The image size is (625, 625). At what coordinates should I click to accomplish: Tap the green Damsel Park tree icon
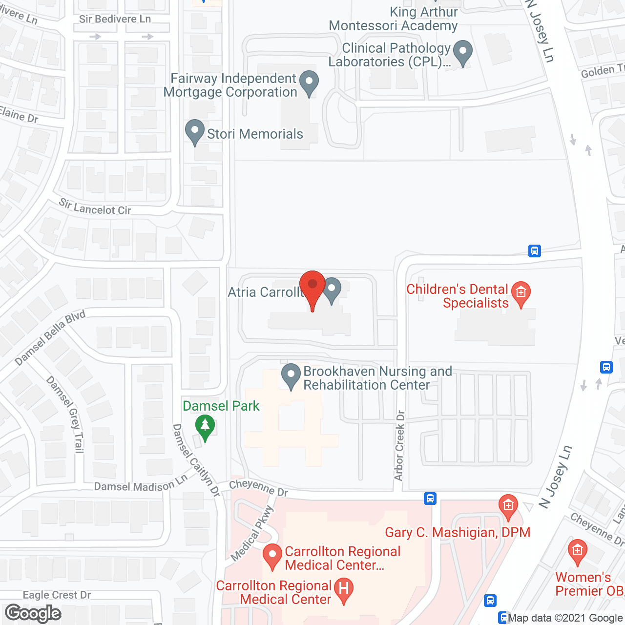click(x=205, y=427)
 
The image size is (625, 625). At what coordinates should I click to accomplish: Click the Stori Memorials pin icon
click(x=195, y=132)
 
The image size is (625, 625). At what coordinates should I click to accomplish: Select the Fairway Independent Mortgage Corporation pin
click(x=309, y=83)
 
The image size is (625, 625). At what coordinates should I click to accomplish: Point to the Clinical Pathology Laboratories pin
click(x=462, y=52)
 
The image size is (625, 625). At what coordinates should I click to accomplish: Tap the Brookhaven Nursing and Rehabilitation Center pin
click(x=291, y=376)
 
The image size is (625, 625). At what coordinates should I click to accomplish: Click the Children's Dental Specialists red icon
click(x=521, y=293)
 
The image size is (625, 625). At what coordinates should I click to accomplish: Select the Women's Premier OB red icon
click(x=577, y=551)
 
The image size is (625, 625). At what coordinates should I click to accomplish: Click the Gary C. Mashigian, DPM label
click(x=458, y=532)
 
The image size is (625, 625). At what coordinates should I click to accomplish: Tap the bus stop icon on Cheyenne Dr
click(x=430, y=499)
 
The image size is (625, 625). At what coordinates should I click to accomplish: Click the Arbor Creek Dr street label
click(x=400, y=445)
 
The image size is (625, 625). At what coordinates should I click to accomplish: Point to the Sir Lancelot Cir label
click(x=95, y=208)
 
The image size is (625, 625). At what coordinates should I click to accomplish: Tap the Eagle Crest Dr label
click(x=57, y=595)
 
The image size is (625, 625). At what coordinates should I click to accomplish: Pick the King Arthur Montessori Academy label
click(x=394, y=19)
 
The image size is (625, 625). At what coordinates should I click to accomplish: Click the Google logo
click(x=33, y=613)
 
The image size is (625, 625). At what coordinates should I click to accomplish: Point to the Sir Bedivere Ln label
click(x=115, y=19)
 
